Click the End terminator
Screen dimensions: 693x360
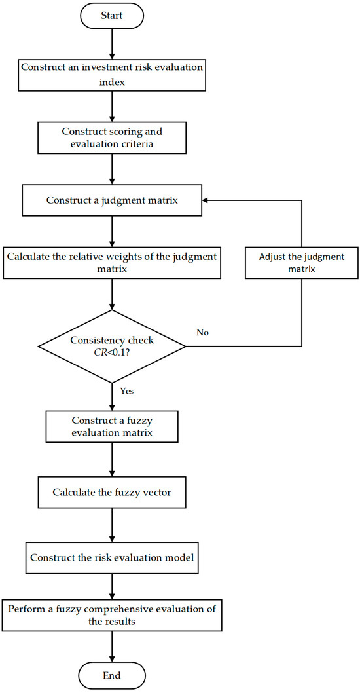[113, 674]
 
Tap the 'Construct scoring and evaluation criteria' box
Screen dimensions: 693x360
[113, 137]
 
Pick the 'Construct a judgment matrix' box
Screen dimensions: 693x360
[113, 199]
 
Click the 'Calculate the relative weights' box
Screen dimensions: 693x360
[113, 261]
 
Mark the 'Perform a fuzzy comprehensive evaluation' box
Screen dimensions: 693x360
[113, 615]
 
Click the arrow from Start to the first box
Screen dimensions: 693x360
[113, 43]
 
